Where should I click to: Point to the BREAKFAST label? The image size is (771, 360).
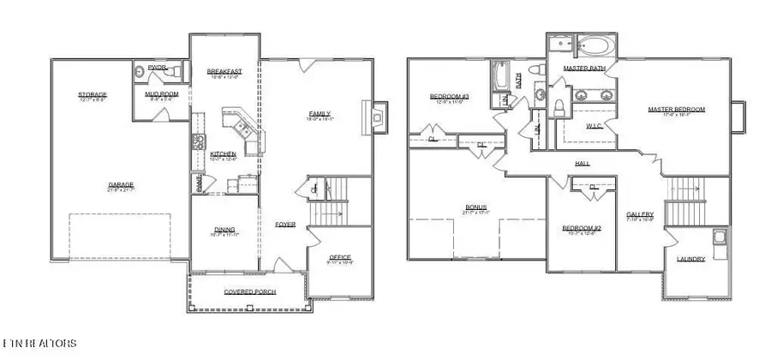click(x=224, y=71)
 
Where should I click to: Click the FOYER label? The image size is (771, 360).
click(x=285, y=225)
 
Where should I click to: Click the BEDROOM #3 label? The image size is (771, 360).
click(x=449, y=97)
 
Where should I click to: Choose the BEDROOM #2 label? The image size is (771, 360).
click(x=582, y=228)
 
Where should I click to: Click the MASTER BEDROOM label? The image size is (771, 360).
click(x=676, y=110)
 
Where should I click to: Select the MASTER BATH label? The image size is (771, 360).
click(x=584, y=67)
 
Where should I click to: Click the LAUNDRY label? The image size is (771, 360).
click(x=690, y=258)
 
